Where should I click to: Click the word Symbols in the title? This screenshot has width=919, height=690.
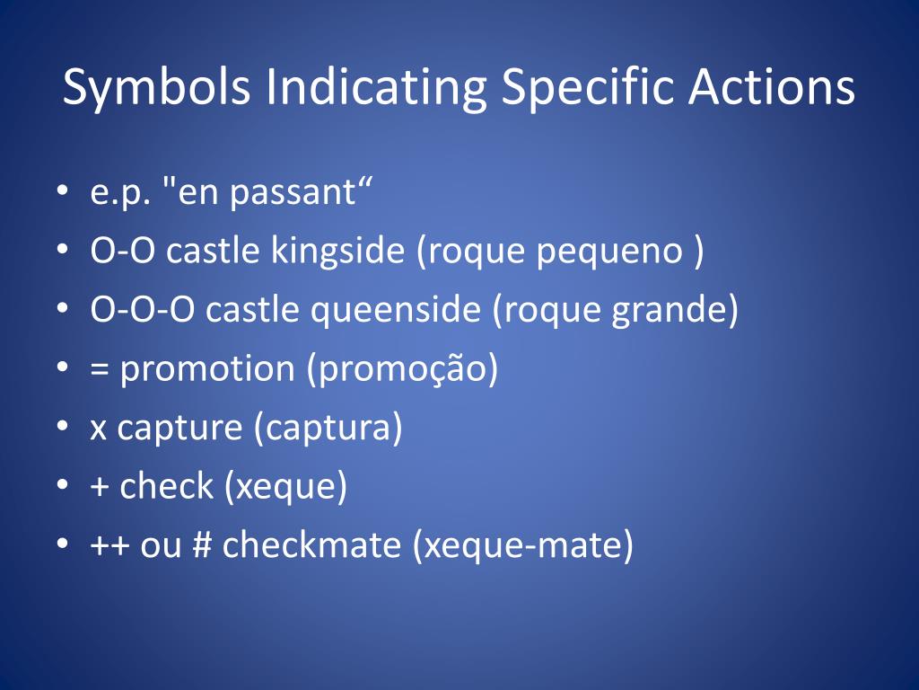pos(156,88)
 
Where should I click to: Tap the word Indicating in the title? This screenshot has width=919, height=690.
pos(376,88)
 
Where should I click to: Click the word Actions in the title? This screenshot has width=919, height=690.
pos(771,87)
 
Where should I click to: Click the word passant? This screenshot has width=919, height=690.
pos(293,192)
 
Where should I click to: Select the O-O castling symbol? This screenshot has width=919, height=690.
pos(122,251)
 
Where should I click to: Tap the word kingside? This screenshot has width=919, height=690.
pos(337,252)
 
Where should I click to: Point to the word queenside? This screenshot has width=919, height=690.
pos(396,310)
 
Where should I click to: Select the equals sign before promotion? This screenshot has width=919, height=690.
pos(100,369)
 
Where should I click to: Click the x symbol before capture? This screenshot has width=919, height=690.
pos(99,429)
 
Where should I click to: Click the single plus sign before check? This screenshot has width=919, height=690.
pos(100,486)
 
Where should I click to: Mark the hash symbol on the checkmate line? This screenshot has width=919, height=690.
pos(202,544)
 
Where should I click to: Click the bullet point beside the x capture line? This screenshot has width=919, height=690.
pos(63,427)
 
